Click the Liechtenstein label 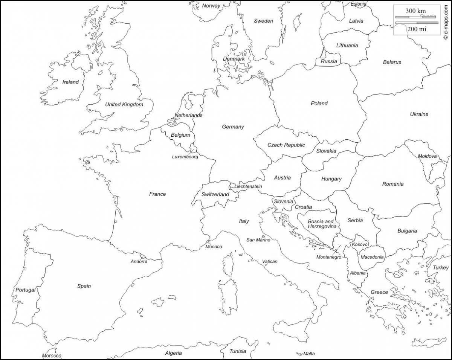pos(248,186)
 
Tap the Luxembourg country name pos(185,157)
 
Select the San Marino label pos(258,240)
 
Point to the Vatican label pos(270,261)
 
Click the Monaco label pos(214,247)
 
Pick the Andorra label pos(139,261)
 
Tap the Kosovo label pos(360,244)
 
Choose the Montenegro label pos(329,257)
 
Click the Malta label pos(309,354)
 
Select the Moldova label pos(427,156)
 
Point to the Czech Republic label pos(286,145)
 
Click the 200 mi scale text pos(417,29)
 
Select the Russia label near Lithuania pos(328,61)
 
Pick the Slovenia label pos(283,201)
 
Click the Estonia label pos(358,4)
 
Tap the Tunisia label pos(238,351)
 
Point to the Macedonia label pos(372,257)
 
